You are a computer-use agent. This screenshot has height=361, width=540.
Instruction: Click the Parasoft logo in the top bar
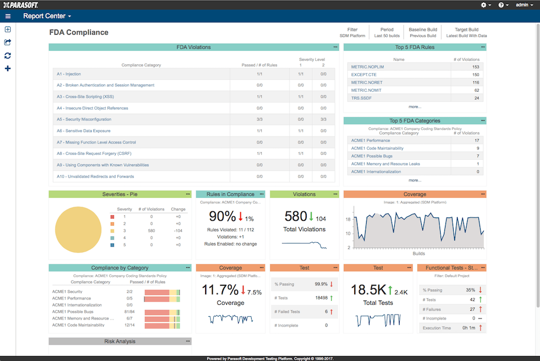pyautogui.click(x=21, y=4)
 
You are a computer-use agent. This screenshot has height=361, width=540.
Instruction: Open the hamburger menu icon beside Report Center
pyautogui.click(x=8, y=16)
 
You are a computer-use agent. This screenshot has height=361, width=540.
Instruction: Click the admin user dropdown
pyautogui.click(x=524, y=5)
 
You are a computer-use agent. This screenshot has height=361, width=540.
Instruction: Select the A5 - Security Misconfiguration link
pyautogui.click(x=84, y=119)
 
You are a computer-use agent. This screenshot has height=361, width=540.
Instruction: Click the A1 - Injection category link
pyautogui.click(x=69, y=74)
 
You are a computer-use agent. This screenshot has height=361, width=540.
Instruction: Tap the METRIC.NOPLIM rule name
pyautogui.click(x=367, y=67)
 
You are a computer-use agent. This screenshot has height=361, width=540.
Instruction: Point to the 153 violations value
pyautogui.click(x=475, y=67)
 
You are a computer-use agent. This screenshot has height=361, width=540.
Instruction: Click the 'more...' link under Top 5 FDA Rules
pyautogui.click(x=415, y=107)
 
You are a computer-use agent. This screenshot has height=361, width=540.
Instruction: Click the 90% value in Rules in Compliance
pyautogui.click(x=222, y=216)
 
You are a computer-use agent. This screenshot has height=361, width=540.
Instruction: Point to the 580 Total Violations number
pyautogui.click(x=295, y=216)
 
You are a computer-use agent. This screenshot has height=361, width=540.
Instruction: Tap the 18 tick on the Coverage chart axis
pyautogui.click(x=349, y=220)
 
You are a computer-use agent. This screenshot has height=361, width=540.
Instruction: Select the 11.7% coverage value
pyautogui.click(x=220, y=290)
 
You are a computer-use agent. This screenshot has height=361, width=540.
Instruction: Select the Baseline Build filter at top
pyautogui.click(x=423, y=32)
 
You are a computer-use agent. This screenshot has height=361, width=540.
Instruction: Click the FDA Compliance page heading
pyautogui.click(x=79, y=32)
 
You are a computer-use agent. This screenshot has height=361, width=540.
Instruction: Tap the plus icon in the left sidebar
pyautogui.click(x=8, y=69)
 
